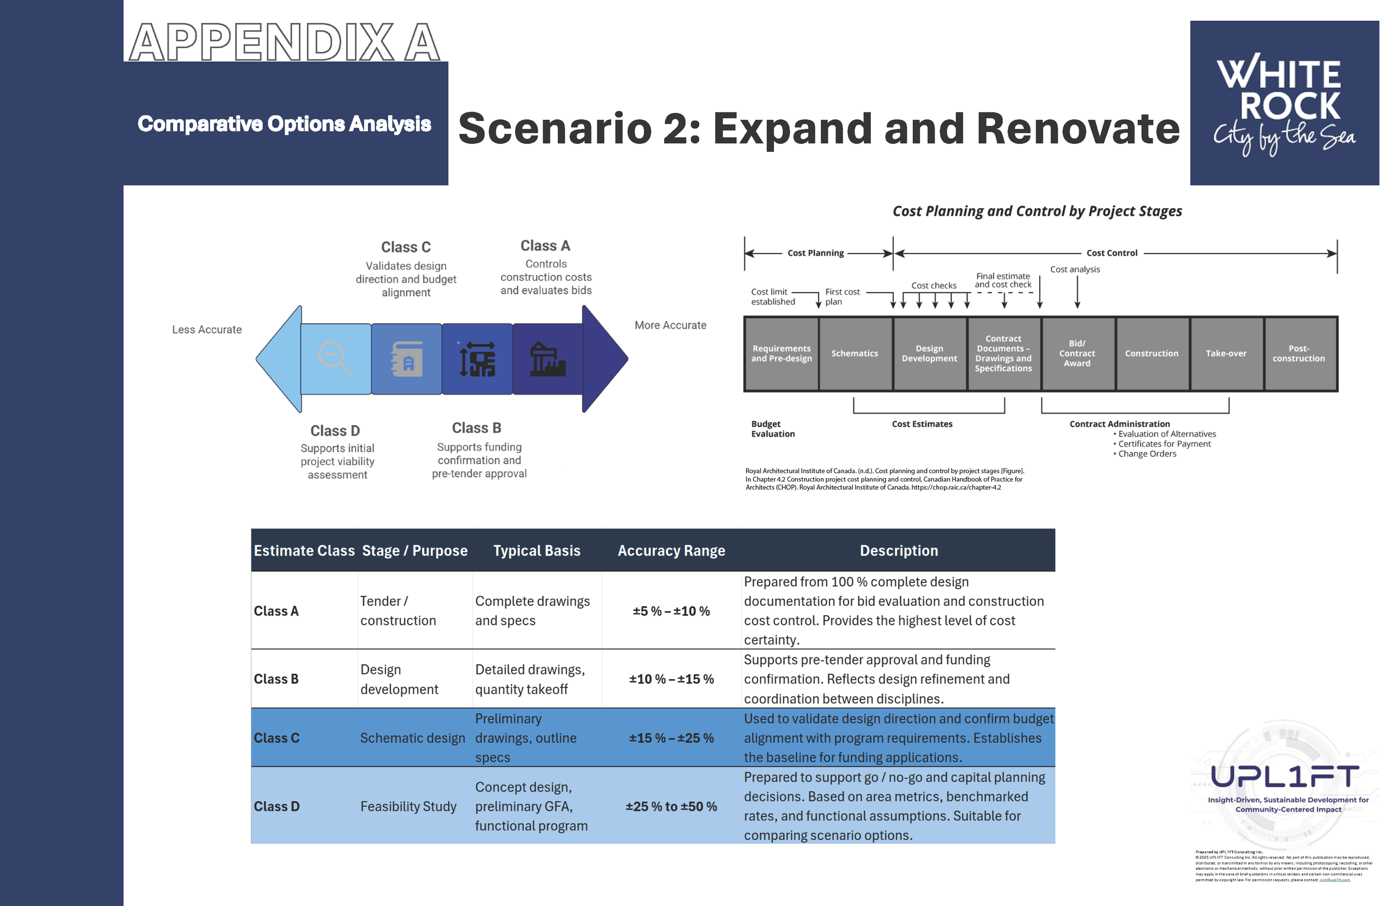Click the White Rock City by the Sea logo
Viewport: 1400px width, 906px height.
click(1284, 103)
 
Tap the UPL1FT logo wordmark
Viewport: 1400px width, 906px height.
click(1285, 777)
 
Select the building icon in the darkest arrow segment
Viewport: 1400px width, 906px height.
click(547, 359)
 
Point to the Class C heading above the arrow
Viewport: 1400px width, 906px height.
click(406, 247)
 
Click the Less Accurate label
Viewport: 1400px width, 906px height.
click(207, 329)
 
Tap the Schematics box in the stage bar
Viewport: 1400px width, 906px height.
click(854, 353)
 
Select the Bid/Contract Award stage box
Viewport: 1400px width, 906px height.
click(1076, 353)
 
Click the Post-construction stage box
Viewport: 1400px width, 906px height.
click(1299, 353)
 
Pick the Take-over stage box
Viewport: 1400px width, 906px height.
click(1226, 353)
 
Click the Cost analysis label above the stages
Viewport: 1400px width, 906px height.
click(1075, 269)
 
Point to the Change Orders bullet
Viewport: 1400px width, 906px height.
click(1146, 454)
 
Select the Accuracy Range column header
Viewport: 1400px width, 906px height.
click(671, 550)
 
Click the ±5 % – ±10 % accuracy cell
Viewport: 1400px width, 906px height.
click(671, 611)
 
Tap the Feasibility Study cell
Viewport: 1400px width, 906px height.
click(408, 806)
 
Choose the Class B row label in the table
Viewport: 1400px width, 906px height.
click(276, 679)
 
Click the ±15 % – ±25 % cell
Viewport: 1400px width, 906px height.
click(671, 738)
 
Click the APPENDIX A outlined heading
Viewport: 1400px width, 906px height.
click(284, 43)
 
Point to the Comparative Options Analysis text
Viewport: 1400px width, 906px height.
click(284, 124)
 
